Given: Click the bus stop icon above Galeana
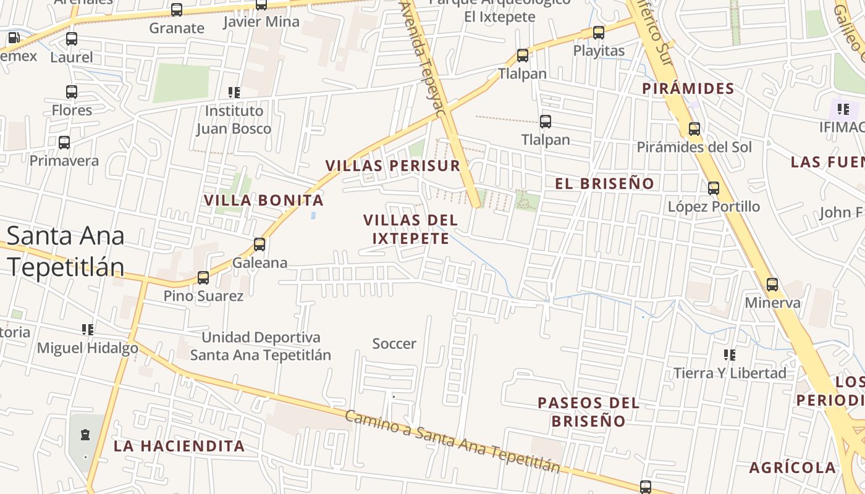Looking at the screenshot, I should pyautogui.click(x=259, y=245).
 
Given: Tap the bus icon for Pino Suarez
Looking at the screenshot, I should pyautogui.click(x=203, y=278).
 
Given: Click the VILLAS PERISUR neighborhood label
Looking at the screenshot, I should pyautogui.click(x=393, y=165).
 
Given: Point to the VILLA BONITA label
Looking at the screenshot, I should pyautogui.click(x=264, y=200).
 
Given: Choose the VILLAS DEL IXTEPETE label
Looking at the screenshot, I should pyautogui.click(x=410, y=229).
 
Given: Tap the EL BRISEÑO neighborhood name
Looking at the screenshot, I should pyautogui.click(x=604, y=183).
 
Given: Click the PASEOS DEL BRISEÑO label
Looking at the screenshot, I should pyautogui.click(x=588, y=412).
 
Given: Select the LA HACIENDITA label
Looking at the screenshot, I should pyautogui.click(x=179, y=446).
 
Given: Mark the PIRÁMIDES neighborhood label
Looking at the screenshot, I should pyautogui.click(x=688, y=88).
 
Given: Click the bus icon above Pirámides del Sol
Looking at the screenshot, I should pyautogui.click(x=694, y=129).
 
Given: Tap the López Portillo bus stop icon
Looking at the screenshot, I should pyautogui.click(x=714, y=188).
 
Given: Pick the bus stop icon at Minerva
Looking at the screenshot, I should pyautogui.click(x=772, y=285).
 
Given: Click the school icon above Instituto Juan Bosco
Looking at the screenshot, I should pyautogui.click(x=234, y=93).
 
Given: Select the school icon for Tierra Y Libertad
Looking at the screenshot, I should pyautogui.click(x=730, y=355).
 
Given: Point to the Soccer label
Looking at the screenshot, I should pyautogui.click(x=394, y=344).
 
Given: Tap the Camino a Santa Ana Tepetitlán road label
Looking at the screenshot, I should pyautogui.click(x=452, y=441).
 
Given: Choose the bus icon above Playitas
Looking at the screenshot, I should pyautogui.click(x=599, y=33).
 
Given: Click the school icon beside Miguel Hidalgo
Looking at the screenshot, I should pyautogui.click(x=88, y=330).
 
